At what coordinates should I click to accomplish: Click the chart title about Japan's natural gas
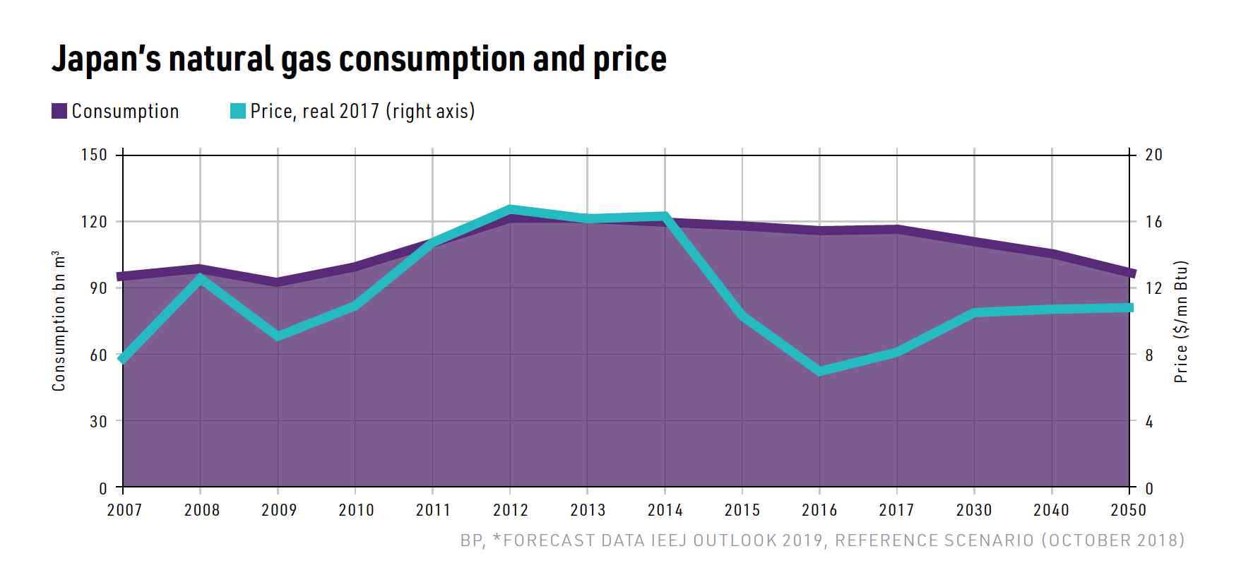359,59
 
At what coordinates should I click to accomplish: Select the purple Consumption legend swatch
59,111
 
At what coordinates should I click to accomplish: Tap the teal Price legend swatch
238,111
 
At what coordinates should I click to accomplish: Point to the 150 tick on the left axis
94,155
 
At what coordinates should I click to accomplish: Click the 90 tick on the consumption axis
98,288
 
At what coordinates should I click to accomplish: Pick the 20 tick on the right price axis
1153,155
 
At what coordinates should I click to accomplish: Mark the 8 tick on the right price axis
1149,355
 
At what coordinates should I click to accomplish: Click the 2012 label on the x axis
510,510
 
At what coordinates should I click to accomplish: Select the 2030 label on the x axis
974,510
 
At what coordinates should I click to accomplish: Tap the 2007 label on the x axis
124,510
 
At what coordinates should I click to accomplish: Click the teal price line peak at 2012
510,209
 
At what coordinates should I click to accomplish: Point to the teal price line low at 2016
819,370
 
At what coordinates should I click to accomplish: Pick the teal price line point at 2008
201,278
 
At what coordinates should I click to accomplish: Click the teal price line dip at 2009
278,336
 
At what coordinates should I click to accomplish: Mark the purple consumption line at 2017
897,229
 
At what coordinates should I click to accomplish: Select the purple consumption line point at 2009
278,282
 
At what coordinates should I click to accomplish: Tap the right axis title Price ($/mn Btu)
1180,321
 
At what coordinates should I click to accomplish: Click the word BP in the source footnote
471,540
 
